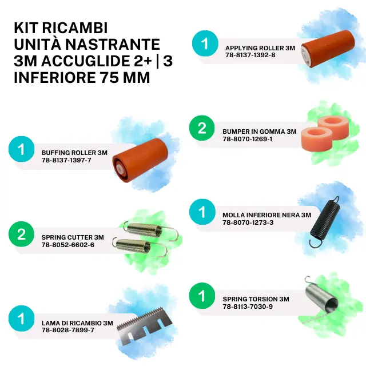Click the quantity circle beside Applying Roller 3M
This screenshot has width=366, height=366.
point(205,43)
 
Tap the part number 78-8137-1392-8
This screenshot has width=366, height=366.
point(250,55)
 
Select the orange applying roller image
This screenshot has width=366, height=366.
point(328,48)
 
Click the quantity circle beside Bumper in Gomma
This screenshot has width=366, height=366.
point(202,128)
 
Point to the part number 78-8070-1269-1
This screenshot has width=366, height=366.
point(247,139)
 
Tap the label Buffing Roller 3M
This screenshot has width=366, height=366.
point(74,153)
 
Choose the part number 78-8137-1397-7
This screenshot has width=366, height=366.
point(66,160)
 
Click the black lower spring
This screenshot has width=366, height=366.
point(324,221)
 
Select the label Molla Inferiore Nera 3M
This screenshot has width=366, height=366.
point(267,215)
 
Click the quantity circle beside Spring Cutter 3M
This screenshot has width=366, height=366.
point(22,234)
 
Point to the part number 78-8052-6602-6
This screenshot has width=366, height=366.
point(68,245)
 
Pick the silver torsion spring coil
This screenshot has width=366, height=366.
point(321,299)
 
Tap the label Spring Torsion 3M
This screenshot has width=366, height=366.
point(256,299)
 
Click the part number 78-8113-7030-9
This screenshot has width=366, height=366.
point(248,307)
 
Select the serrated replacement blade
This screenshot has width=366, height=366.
point(144,327)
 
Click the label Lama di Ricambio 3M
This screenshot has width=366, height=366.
point(77,323)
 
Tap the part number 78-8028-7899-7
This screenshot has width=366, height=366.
point(68,330)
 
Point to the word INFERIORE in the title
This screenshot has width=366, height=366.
point(55,78)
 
